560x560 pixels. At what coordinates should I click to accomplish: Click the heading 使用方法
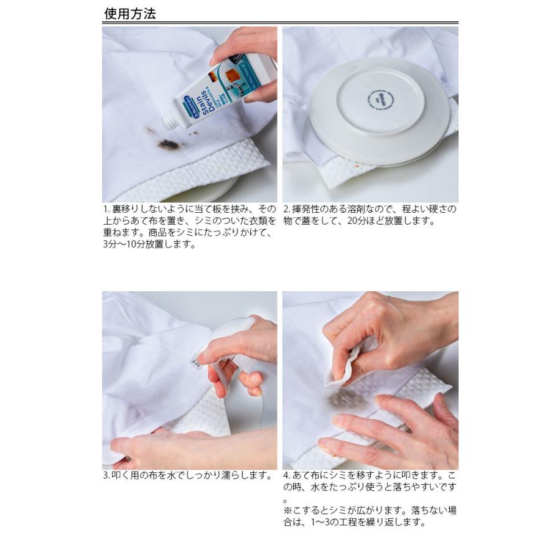(x=129, y=13)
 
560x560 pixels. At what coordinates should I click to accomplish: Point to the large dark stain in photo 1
(x=168, y=144)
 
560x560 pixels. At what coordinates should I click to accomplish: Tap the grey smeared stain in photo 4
(x=348, y=399)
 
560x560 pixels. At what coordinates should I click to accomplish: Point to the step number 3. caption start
(x=106, y=476)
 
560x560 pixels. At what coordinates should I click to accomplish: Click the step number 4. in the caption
(x=287, y=476)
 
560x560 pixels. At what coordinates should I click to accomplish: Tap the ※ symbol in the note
(x=287, y=511)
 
